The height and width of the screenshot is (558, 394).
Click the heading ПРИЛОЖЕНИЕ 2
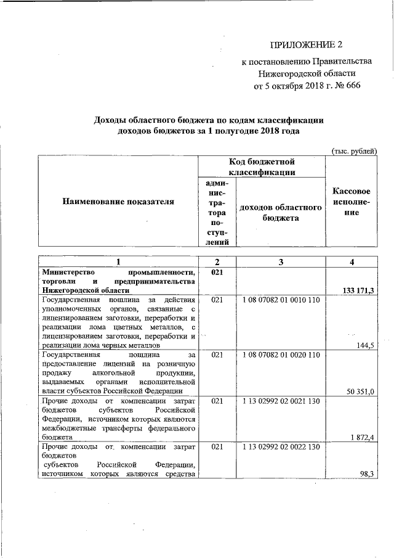pos(306,45)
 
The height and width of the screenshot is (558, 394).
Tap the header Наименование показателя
pos(118,201)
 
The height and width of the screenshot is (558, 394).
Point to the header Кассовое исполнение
pos(351,202)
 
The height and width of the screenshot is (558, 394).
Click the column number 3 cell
pos(281,262)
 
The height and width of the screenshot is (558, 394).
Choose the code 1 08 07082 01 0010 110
pos(281,300)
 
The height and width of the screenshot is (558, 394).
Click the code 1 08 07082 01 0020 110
pos(281,355)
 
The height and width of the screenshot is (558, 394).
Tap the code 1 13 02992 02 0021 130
pos(281,401)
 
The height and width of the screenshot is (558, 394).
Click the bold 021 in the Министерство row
pos(216,272)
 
